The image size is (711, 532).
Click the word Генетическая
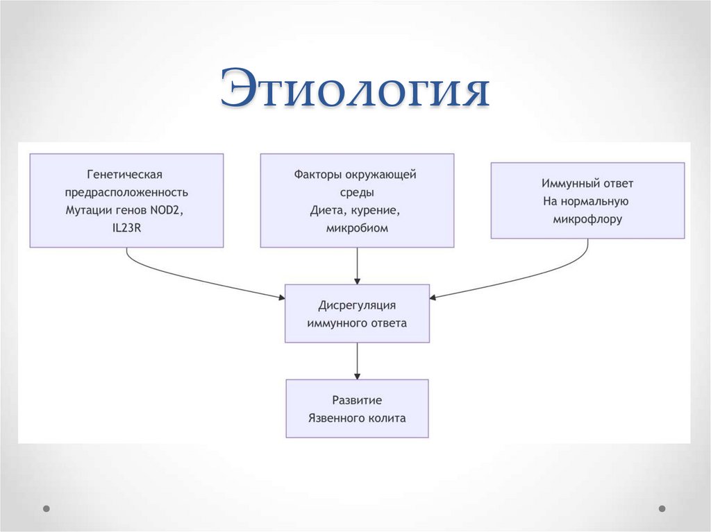pos(126,174)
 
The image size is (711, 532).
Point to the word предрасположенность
pos(126,192)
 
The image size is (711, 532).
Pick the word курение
pos(380,209)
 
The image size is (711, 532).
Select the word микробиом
pos(357,228)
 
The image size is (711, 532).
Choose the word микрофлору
pos(587,219)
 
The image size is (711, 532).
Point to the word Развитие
pos(357,400)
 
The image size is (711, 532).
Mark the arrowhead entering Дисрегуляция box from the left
pos(281,298)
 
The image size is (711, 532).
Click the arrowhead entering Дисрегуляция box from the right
pos(434,298)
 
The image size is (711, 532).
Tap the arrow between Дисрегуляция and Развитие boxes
pos(357,361)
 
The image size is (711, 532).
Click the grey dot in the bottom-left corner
pos(47,508)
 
